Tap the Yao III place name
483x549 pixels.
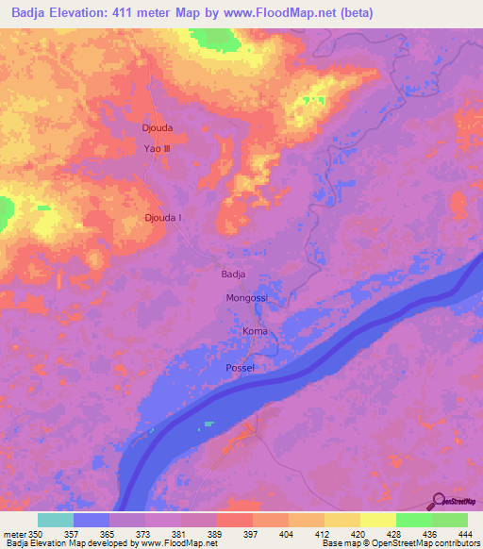(157, 148)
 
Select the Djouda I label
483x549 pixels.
(163, 218)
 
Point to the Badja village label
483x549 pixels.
(233, 274)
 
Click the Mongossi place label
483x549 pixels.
(247, 298)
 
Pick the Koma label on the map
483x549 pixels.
(255, 332)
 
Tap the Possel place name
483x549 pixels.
(241, 367)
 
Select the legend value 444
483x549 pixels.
(463, 533)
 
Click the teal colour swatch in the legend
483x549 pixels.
(56, 520)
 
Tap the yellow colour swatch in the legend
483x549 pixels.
(377, 520)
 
